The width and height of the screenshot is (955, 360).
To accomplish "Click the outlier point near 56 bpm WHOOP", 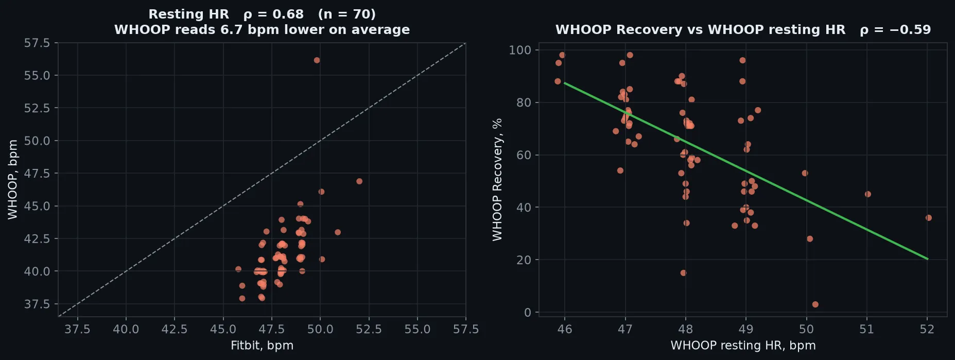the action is [317, 60].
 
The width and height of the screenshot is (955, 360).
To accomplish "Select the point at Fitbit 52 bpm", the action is [359, 181].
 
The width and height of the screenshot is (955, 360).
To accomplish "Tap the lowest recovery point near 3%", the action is [815, 304].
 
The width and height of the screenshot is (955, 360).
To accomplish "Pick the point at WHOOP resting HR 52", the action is [929, 218].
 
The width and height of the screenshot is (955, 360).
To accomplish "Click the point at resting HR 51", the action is [868, 194].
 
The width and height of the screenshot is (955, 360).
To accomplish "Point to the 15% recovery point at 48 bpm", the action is [683, 273].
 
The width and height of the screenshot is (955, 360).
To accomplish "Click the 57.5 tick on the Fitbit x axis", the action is [466, 329].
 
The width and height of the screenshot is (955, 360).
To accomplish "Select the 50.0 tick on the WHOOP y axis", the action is [37, 141].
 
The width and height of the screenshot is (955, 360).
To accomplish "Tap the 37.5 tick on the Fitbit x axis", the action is [77, 329].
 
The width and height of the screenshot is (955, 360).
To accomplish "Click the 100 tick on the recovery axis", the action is [520, 50].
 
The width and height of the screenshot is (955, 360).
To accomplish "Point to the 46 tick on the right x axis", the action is [565, 329].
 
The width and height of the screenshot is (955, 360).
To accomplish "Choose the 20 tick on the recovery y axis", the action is [524, 260].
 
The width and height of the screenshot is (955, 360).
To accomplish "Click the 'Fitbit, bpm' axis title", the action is [262, 346].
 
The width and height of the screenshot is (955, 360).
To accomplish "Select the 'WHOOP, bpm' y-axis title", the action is [13, 180].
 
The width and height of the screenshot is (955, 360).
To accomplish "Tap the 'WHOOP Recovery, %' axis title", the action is [497, 180].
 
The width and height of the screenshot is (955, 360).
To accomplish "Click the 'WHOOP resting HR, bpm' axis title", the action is [743, 346].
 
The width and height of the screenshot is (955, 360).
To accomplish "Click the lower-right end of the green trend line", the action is [928, 259].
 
